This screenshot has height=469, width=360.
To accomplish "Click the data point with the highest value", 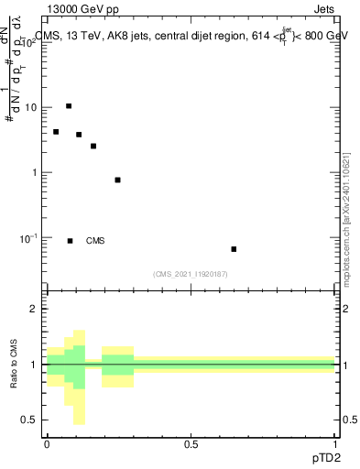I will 69,106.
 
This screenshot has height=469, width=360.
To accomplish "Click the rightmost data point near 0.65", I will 234,249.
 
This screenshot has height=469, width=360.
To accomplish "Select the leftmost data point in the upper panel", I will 56,132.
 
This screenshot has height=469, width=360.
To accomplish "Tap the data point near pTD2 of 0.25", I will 118,180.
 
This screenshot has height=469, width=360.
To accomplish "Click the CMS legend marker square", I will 70,241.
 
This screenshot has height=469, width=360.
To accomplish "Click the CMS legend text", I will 95,241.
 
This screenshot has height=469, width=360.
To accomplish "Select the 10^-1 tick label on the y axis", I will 31,238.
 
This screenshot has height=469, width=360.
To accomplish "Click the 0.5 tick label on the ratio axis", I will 32,420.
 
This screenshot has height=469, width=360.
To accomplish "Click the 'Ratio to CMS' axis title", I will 14,364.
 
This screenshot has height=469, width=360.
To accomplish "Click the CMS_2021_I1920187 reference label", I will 191,274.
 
